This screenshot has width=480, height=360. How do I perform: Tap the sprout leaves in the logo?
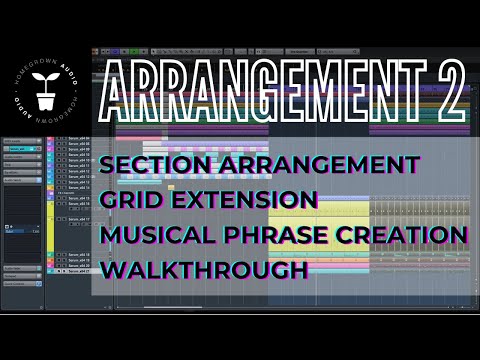click(x=44, y=78)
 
